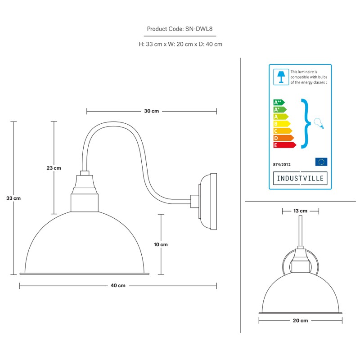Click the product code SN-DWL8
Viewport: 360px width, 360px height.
point(199,29)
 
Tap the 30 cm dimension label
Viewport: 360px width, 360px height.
point(152,111)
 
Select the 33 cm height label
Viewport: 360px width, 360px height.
point(13,198)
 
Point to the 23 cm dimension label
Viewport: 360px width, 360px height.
point(54,168)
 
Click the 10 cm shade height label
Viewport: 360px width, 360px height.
point(161,244)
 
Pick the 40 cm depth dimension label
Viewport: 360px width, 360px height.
point(118,285)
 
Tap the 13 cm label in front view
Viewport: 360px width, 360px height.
point(300,211)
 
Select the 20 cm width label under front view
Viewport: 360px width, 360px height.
point(300,320)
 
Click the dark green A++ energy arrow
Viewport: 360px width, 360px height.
point(279,103)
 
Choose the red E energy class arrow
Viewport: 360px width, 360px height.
point(285,145)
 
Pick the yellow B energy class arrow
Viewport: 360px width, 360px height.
point(282,124)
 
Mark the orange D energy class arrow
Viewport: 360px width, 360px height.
point(283,138)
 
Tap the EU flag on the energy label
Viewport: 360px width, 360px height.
point(321,162)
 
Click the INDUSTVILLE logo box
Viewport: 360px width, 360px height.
point(300,178)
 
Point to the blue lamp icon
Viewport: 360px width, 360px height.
point(281,77)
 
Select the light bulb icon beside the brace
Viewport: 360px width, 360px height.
point(319,123)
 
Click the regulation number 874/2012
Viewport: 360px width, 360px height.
point(282,165)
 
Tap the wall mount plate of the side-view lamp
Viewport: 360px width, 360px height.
point(208,202)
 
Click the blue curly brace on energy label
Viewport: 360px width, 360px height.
point(306,123)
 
